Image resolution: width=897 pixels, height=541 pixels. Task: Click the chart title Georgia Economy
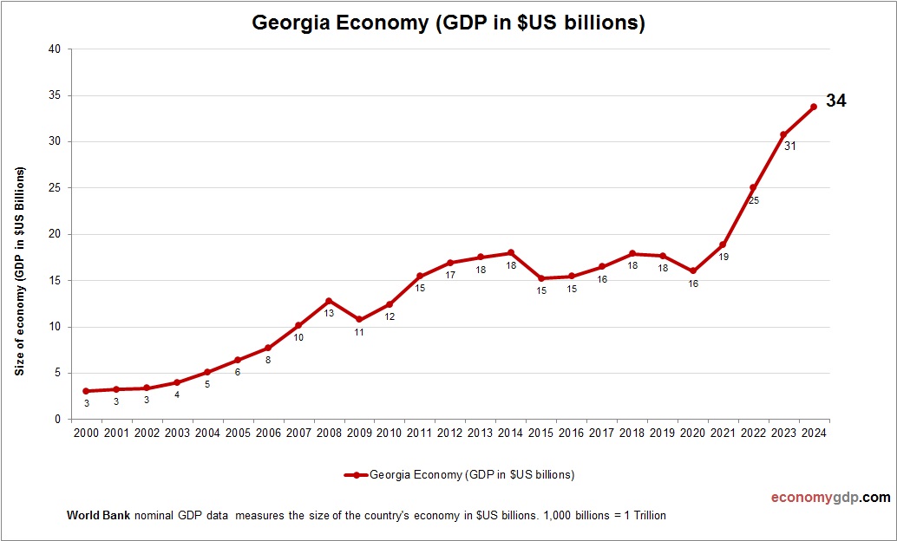(448, 23)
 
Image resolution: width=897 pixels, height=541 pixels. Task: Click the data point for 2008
(328, 301)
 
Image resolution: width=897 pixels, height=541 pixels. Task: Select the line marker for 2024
(813, 107)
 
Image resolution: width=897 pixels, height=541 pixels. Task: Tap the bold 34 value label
(835, 101)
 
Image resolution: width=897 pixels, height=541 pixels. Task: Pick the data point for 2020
(692, 271)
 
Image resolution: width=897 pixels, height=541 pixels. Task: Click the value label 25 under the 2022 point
(753, 200)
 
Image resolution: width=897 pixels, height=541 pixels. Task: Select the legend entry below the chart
(459, 474)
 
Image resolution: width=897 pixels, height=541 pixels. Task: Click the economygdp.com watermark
(830, 498)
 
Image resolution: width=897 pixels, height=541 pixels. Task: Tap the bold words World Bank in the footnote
(98, 515)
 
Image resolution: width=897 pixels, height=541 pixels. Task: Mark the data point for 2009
(358, 319)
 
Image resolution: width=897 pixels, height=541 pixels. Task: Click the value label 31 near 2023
(789, 147)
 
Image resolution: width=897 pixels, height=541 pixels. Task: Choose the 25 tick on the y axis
(54, 188)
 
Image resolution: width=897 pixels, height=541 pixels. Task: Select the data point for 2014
(510, 252)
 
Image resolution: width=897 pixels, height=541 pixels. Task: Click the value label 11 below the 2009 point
(358, 332)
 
